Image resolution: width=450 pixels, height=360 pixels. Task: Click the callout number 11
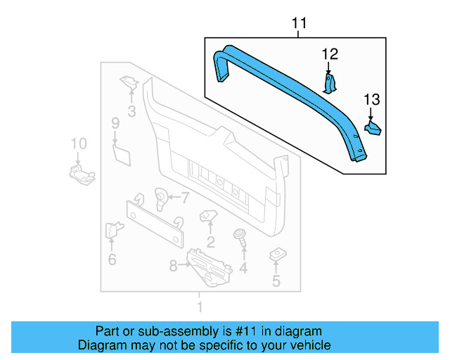(300, 25)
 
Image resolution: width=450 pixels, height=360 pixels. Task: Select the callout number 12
(330, 53)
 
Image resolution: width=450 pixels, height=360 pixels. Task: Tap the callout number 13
(371, 99)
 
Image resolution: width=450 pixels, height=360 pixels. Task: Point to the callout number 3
(131, 110)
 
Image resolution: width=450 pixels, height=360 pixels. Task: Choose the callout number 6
(112, 260)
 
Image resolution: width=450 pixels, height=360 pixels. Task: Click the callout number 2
(210, 243)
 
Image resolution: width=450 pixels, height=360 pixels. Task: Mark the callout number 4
(243, 268)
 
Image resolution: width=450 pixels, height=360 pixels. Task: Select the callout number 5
(276, 282)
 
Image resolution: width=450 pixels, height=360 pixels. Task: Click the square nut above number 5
(276, 255)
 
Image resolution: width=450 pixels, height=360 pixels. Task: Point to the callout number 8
(174, 266)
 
